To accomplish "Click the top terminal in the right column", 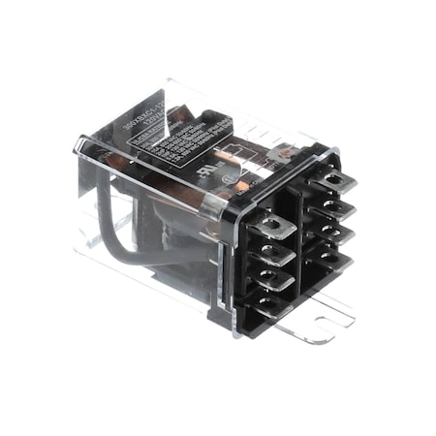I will [335, 180].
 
